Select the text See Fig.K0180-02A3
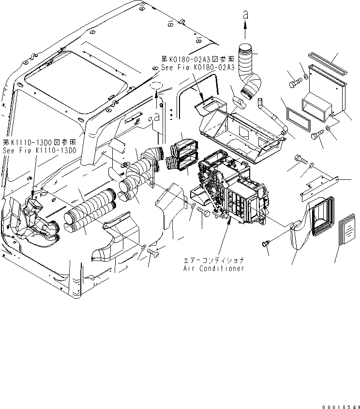[x=197, y=67]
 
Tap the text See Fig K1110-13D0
[x=39, y=150]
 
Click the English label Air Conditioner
[x=214, y=268]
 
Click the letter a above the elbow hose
[x=245, y=16]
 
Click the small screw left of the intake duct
[x=266, y=243]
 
